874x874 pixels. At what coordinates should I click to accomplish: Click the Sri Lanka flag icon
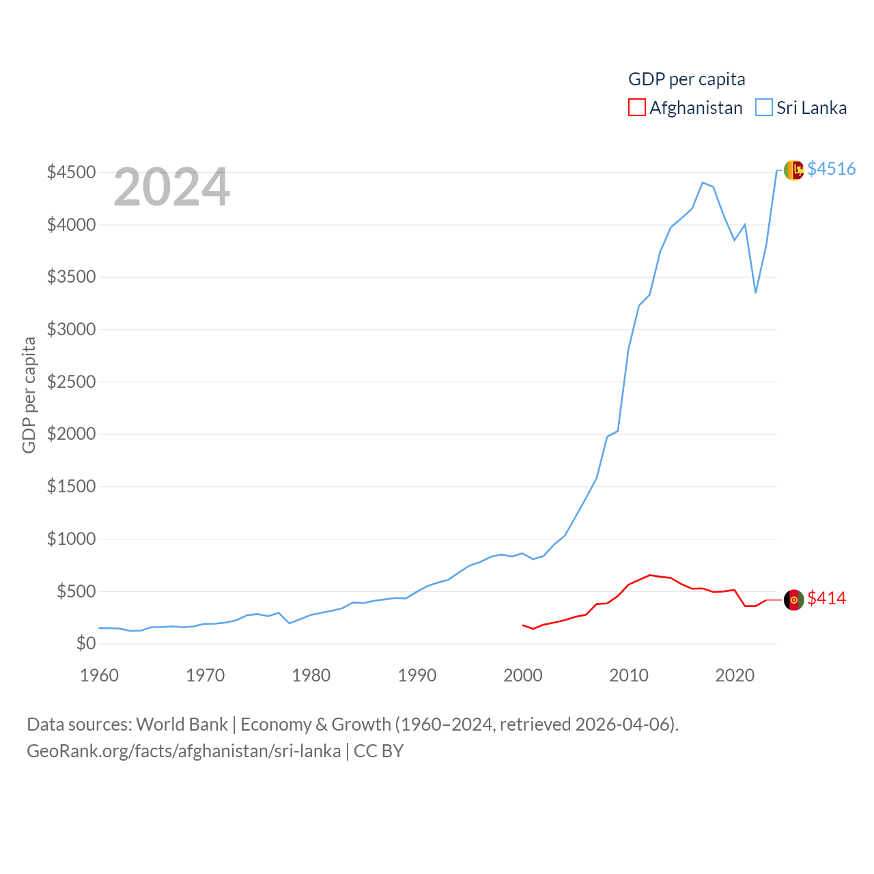[793, 170]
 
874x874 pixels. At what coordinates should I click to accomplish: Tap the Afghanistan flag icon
[793, 600]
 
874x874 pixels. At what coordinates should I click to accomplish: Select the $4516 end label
[831, 169]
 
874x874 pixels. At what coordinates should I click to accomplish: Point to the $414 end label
[826, 598]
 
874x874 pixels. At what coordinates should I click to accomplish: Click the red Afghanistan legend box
[636, 108]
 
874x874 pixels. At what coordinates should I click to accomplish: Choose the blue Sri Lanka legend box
[763, 108]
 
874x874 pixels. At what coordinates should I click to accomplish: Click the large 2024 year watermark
[171, 187]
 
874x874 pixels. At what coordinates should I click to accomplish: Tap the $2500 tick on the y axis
[71, 382]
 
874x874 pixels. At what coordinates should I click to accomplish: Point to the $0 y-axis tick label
[86, 643]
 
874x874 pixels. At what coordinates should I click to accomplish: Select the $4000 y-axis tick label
[71, 225]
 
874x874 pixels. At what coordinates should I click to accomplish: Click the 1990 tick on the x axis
[417, 676]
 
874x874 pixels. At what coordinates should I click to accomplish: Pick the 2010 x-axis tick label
[628, 676]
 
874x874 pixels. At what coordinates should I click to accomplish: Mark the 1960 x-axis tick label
[100, 676]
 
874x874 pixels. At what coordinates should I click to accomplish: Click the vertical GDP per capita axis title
[29, 395]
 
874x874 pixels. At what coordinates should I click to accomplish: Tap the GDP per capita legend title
[686, 79]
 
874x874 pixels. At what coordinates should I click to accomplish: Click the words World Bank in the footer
[182, 724]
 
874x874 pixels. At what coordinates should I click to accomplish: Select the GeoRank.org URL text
[184, 751]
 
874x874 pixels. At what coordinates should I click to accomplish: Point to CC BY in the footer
[378, 751]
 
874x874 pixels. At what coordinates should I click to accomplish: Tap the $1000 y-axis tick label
[71, 539]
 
